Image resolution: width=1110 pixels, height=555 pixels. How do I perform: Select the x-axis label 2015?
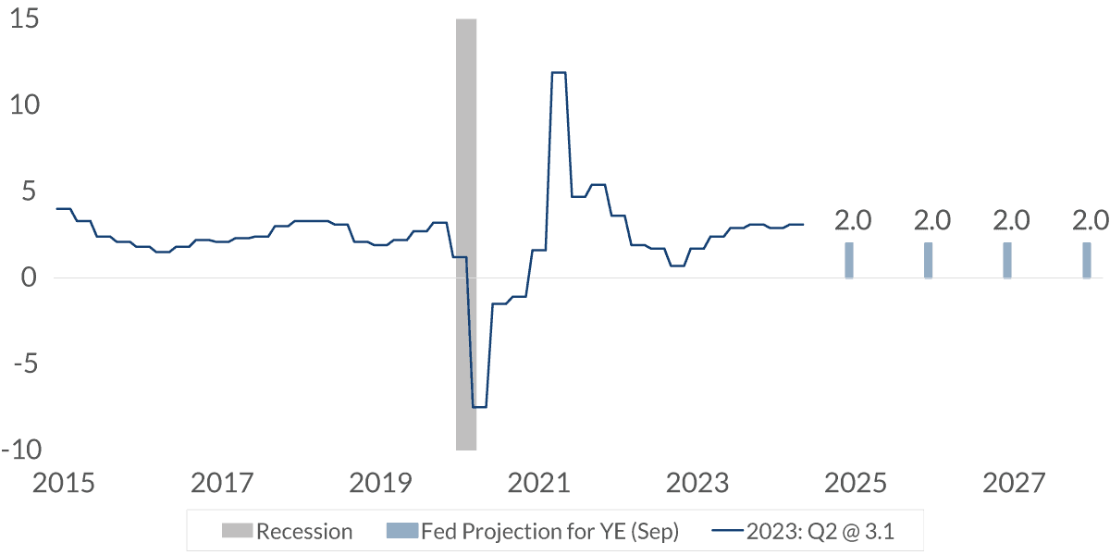click(x=63, y=483)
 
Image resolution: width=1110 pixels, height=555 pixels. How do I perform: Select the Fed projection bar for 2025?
click(x=849, y=260)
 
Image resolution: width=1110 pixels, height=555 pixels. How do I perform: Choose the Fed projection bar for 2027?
click(x=1007, y=260)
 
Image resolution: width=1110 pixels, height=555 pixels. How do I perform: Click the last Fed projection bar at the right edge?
click(x=1087, y=260)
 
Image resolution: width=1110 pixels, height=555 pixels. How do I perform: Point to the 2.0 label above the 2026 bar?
click(x=931, y=221)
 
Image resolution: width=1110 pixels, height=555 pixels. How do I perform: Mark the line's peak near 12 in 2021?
click(x=559, y=72)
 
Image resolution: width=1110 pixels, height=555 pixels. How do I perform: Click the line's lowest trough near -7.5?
click(x=479, y=407)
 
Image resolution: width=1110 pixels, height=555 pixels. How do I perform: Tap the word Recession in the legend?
click(x=304, y=532)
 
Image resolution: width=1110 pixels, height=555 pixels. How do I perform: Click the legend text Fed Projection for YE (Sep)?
click(x=549, y=532)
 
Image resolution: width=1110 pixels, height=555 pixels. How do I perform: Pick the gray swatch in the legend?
click(x=237, y=532)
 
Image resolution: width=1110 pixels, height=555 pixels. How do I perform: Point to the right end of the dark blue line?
click(x=803, y=225)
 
